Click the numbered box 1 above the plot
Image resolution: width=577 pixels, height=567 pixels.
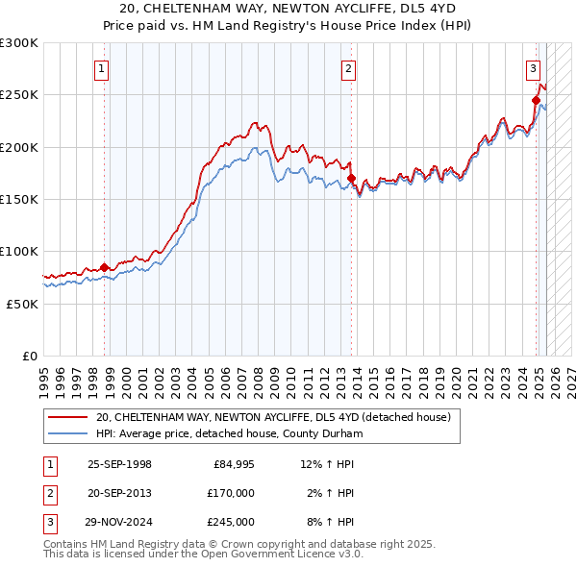101,68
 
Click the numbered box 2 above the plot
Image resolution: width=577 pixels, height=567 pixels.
347,68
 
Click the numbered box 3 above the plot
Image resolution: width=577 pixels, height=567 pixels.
532,68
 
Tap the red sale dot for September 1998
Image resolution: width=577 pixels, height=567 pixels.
105,267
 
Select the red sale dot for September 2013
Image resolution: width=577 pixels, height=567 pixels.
351,179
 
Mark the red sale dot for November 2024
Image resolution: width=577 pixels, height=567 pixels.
537,100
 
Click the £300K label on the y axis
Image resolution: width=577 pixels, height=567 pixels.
19,43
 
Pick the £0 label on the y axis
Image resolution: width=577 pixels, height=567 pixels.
29,356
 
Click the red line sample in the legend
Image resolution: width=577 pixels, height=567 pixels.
69,418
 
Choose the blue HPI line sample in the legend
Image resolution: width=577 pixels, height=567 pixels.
69,434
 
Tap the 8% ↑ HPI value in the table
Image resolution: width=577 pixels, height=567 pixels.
327,522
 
